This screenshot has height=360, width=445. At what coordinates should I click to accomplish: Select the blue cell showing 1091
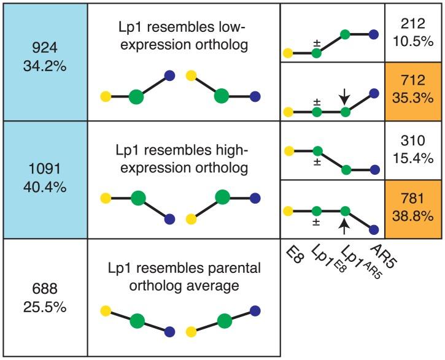pos(45,179)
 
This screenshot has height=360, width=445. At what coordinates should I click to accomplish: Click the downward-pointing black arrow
pos(345,96)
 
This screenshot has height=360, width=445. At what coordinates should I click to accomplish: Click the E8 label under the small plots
pos(296,255)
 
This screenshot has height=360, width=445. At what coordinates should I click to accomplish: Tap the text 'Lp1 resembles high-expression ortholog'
pos(184,156)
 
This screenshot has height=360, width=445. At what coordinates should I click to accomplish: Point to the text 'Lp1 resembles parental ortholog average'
pos(184,276)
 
